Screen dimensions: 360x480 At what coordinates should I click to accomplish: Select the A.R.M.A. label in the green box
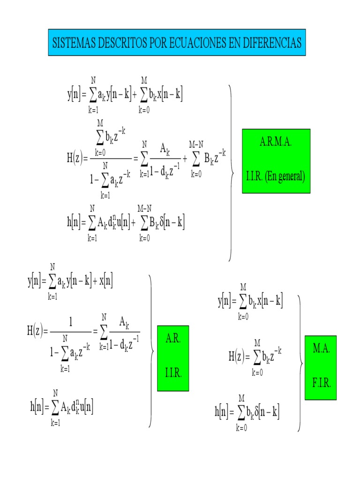click(276, 142)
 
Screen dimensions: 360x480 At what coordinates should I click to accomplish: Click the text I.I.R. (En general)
click(276, 177)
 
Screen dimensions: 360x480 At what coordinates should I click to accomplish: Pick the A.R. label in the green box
click(173, 339)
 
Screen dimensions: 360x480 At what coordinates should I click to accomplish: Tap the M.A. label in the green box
click(321, 349)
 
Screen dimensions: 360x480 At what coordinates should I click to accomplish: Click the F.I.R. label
click(321, 383)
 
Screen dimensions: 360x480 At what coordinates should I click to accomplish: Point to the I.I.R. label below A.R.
click(173, 374)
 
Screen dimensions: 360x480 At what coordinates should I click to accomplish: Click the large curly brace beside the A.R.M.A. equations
click(232, 172)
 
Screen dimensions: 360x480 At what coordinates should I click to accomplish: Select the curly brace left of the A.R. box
click(151, 351)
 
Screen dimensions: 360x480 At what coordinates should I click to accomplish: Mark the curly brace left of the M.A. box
click(300, 363)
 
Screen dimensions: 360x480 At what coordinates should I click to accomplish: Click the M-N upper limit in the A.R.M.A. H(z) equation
click(196, 144)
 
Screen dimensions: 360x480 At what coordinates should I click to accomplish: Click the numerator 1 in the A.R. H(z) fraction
click(71, 322)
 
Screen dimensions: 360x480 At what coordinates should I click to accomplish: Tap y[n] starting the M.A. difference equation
click(226, 300)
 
